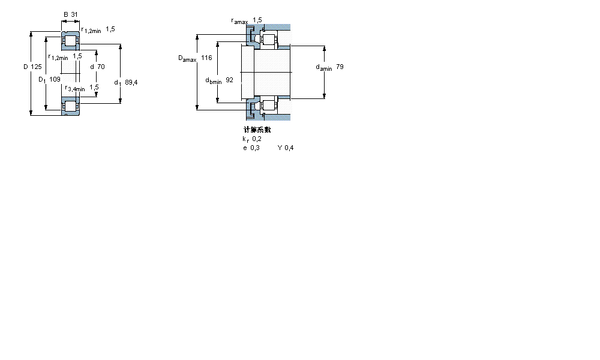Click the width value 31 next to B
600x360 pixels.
[75, 15]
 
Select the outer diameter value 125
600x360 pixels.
[36, 67]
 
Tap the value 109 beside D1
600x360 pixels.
[55, 79]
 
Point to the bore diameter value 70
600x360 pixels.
[101, 67]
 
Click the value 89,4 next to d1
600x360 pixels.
[131, 82]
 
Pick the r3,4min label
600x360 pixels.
[75, 88]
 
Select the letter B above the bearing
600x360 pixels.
[65, 15]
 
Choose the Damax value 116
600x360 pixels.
[206, 58]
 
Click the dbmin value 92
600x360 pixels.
[229, 80]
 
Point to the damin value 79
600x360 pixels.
[340, 67]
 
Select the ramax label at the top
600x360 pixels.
[239, 21]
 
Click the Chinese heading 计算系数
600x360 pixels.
[257, 130]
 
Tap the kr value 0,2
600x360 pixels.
[257, 139]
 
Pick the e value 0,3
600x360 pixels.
[256, 148]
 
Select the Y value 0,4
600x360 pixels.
[289, 148]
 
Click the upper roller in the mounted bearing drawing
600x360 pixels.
[268, 41]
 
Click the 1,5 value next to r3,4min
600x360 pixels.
[94, 87]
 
